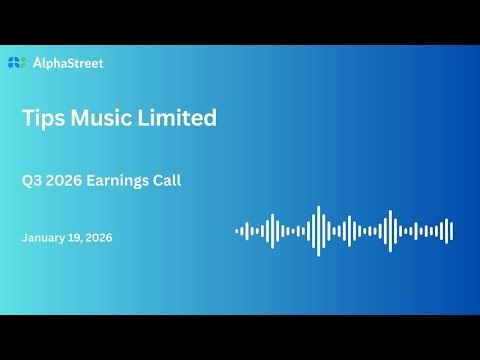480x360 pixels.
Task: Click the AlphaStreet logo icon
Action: coord(15,63)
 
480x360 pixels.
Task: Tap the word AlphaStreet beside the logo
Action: coord(67,63)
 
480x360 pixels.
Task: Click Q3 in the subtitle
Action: coord(31,182)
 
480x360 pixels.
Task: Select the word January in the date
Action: coord(45,238)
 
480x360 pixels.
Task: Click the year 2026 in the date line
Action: coord(99,238)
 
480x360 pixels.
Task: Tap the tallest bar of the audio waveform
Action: coord(318,231)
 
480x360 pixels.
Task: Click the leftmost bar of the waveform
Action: coord(237,231)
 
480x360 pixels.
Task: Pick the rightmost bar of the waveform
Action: coord(451,231)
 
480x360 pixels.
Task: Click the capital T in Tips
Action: coord(28,118)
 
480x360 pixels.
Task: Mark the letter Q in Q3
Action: coord(26,182)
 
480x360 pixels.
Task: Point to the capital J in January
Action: coord(24,238)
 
